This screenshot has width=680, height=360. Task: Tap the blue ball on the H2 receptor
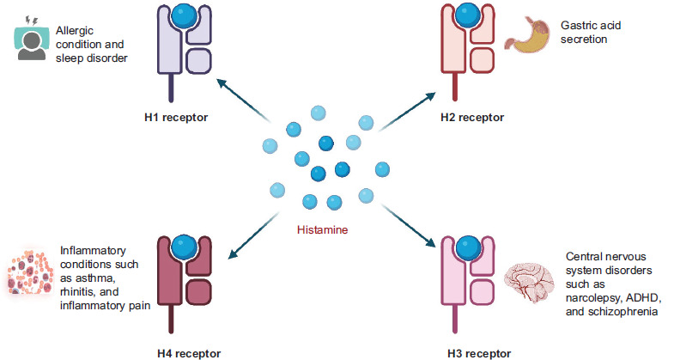[464, 17]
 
